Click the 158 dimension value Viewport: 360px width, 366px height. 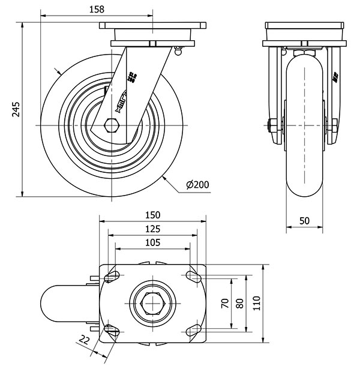click(x=96, y=9)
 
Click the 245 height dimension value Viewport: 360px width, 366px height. click(x=17, y=109)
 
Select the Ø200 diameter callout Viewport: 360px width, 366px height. click(x=197, y=185)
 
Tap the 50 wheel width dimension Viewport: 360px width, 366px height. click(x=304, y=220)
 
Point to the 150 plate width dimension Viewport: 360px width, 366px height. click(x=152, y=214)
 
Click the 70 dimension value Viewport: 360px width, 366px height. click(x=225, y=304)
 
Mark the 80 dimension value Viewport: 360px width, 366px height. click(x=240, y=304)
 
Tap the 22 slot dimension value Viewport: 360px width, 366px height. click(x=84, y=341)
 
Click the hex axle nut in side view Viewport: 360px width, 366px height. click(x=112, y=125)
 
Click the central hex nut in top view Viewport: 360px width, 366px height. click(x=152, y=304)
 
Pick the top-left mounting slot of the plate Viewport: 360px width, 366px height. click(x=112, y=277)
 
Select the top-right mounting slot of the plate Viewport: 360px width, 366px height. click(x=193, y=277)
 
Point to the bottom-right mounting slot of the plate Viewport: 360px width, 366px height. click(x=193, y=330)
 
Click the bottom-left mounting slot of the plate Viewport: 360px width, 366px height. click(x=112, y=330)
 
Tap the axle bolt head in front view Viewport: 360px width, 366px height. click(x=271, y=126)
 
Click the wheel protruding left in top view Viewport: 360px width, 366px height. click(x=63, y=304)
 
